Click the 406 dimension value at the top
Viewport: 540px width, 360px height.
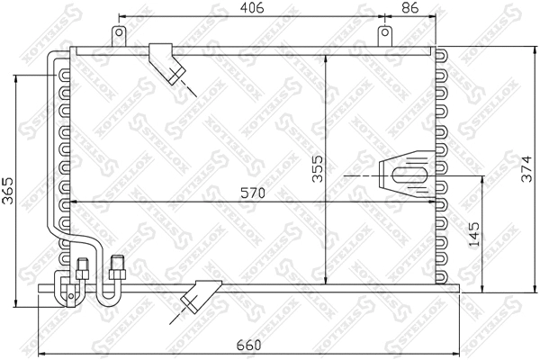pos(251,9)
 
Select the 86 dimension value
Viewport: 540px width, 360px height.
pos(409,9)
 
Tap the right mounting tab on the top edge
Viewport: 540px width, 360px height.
pos(384,36)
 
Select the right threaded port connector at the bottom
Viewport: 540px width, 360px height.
pos(115,266)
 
